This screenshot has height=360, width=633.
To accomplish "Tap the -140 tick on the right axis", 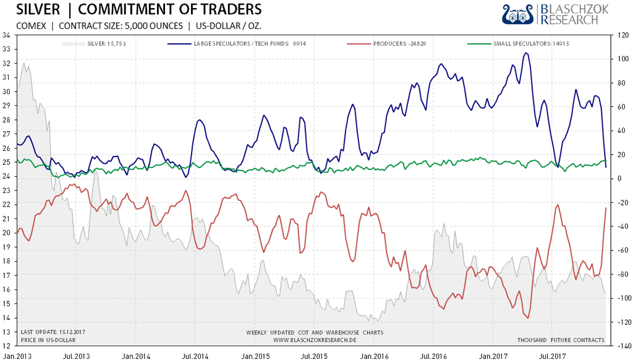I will coord(620,346).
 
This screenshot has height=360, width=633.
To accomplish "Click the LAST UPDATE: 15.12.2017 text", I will coord(53,333).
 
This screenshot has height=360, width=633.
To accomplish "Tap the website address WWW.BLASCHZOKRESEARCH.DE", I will coord(314,340).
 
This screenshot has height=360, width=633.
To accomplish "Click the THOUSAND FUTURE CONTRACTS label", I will coord(561,340).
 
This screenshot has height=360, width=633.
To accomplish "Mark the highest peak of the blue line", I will coord(525,53).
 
